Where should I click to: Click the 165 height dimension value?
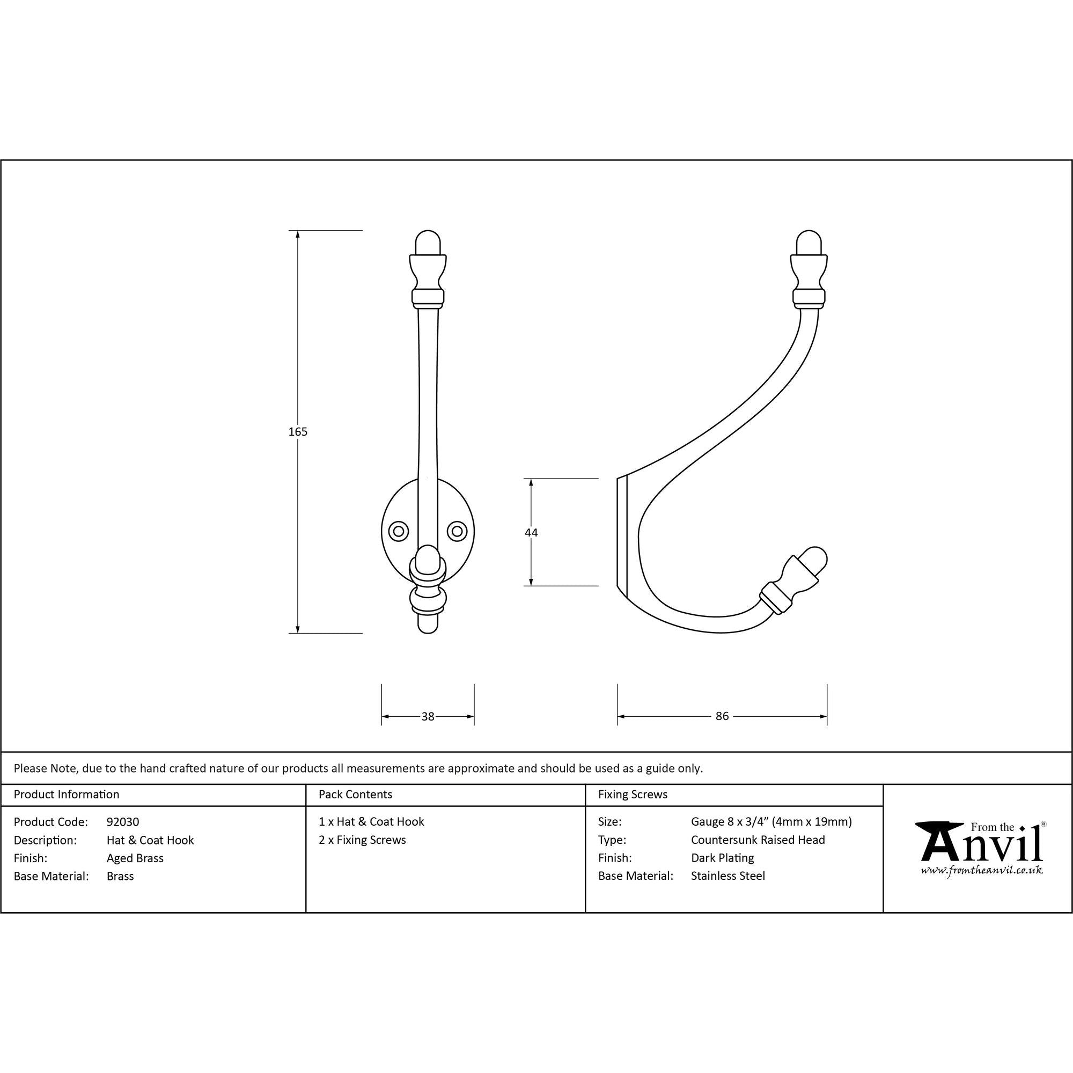(x=298, y=431)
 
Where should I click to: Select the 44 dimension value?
(x=531, y=533)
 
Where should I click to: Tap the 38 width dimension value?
(x=428, y=716)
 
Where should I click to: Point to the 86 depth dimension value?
(x=722, y=716)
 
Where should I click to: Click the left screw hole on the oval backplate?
(x=398, y=532)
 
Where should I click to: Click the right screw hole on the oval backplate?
(x=457, y=532)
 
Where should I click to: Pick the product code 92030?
(x=123, y=822)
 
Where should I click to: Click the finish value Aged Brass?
(x=135, y=858)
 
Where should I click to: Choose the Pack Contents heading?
(x=356, y=794)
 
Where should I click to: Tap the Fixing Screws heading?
(x=633, y=794)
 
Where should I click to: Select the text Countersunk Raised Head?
(x=758, y=840)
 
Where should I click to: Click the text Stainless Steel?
(x=727, y=876)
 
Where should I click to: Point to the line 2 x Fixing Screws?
(x=362, y=840)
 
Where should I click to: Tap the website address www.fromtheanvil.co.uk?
(x=981, y=870)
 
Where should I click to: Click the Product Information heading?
(x=67, y=794)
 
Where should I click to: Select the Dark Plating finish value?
(x=722, y=858)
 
